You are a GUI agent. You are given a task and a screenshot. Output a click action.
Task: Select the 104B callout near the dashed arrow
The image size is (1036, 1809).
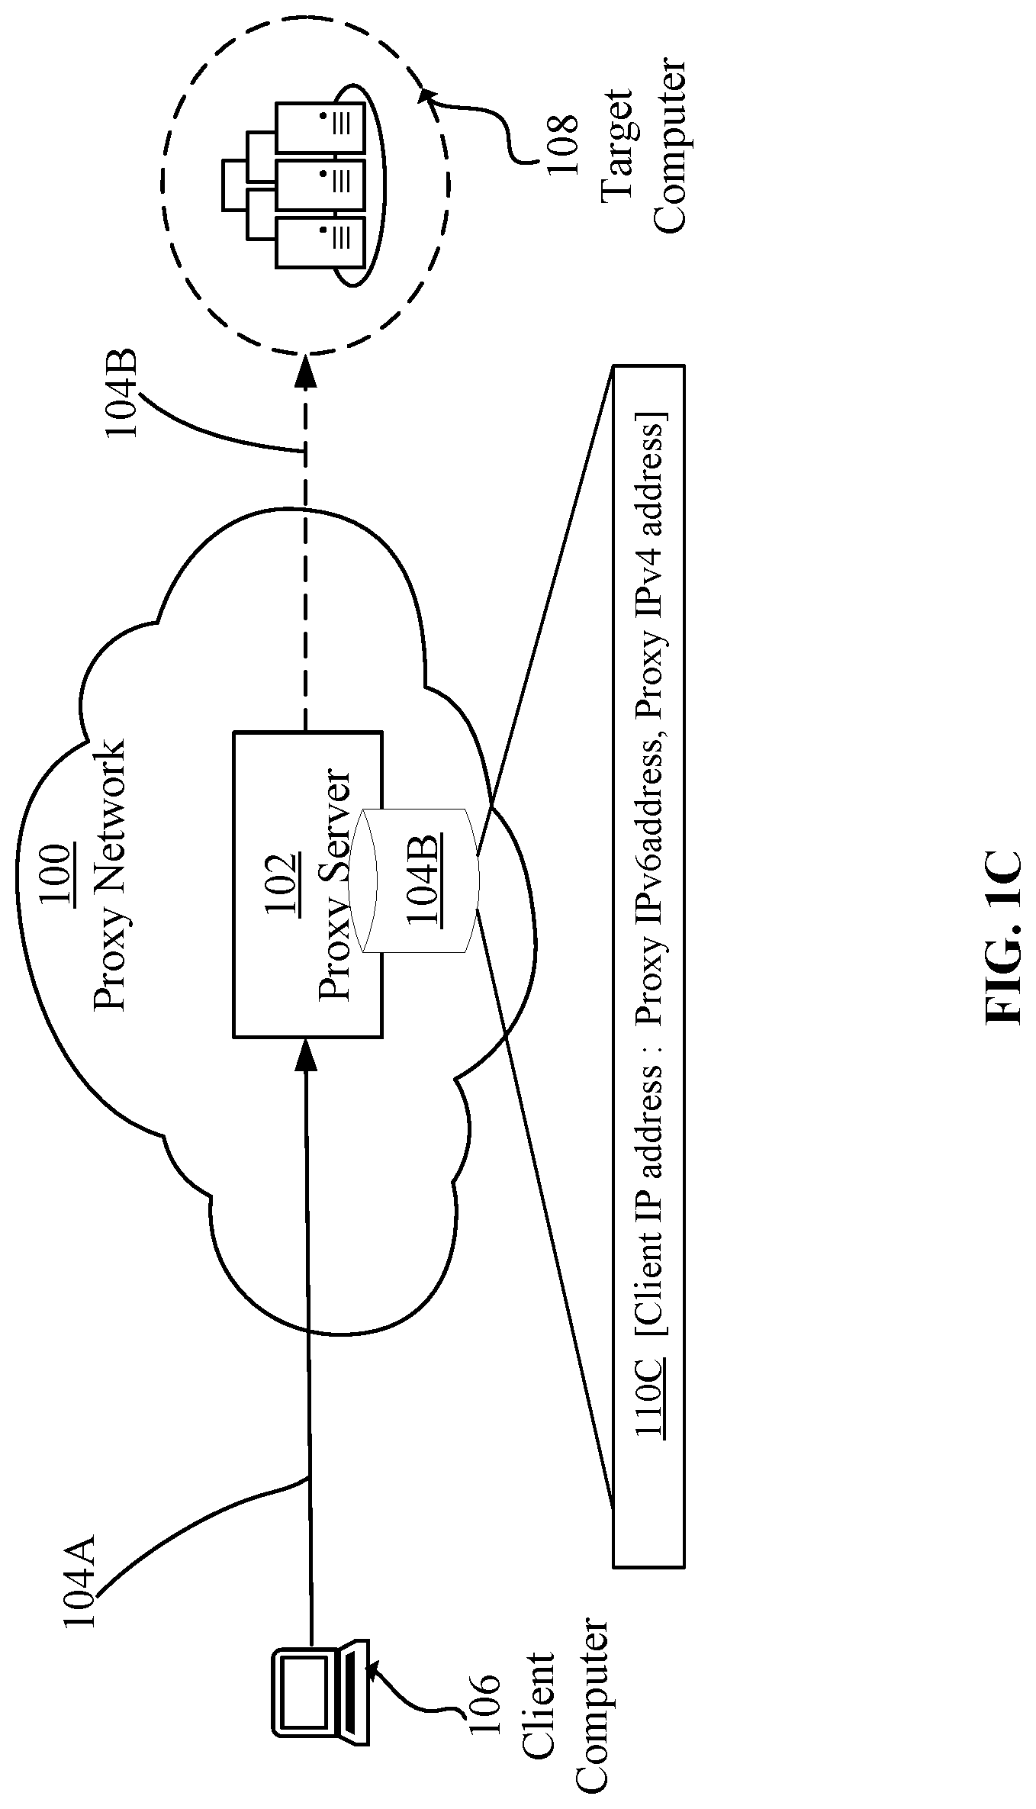click(121, 394)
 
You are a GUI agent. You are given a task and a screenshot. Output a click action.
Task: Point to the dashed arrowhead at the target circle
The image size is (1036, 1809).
click(306, 371)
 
